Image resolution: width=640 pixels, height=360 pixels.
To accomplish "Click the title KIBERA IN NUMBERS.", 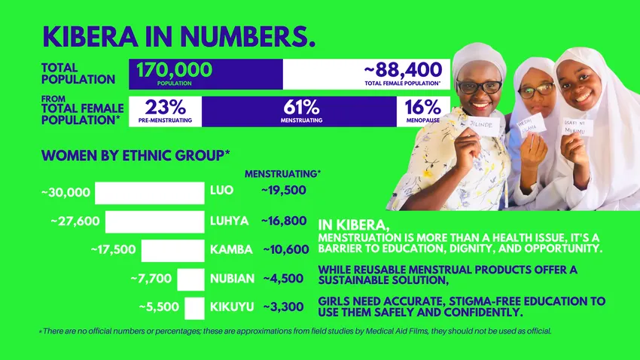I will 178,36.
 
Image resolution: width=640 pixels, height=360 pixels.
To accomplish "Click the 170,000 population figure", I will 174,71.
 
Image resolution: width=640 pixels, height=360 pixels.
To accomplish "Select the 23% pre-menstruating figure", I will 164,107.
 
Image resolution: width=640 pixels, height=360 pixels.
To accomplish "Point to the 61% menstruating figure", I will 301,107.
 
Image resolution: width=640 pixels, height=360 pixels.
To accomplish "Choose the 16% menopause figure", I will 422,107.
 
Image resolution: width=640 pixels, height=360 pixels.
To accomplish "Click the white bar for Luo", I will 149,193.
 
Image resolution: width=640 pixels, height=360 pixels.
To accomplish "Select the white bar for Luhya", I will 154,221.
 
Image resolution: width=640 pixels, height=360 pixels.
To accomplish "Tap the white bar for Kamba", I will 172,250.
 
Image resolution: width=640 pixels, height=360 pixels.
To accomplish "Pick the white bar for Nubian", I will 190,279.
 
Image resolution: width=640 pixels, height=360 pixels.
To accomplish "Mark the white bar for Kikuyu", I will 194,307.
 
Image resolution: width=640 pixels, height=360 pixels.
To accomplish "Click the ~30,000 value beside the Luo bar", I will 66,193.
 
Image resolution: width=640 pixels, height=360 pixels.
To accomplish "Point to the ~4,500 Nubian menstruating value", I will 283,279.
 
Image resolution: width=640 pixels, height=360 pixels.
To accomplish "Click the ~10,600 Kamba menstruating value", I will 285,249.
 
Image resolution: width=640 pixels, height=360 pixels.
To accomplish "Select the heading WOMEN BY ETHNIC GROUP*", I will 136,156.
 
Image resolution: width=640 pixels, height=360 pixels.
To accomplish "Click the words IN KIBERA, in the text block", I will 354,224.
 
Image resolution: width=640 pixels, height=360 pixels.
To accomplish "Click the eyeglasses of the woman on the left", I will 478,87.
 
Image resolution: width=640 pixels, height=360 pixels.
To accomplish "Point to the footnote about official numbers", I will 296,331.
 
